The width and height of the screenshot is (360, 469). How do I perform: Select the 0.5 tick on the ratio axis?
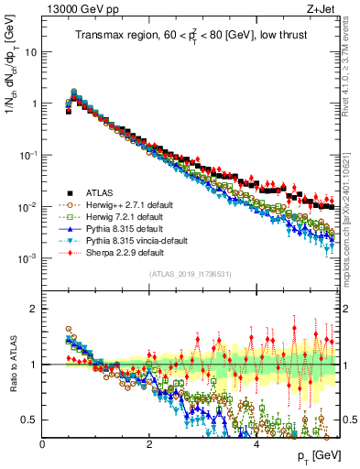click(x=29, y=420)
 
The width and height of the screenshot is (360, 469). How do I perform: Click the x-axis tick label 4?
click(x=256, y=443)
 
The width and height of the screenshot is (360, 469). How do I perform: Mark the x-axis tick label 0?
click(x=43, y=443)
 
